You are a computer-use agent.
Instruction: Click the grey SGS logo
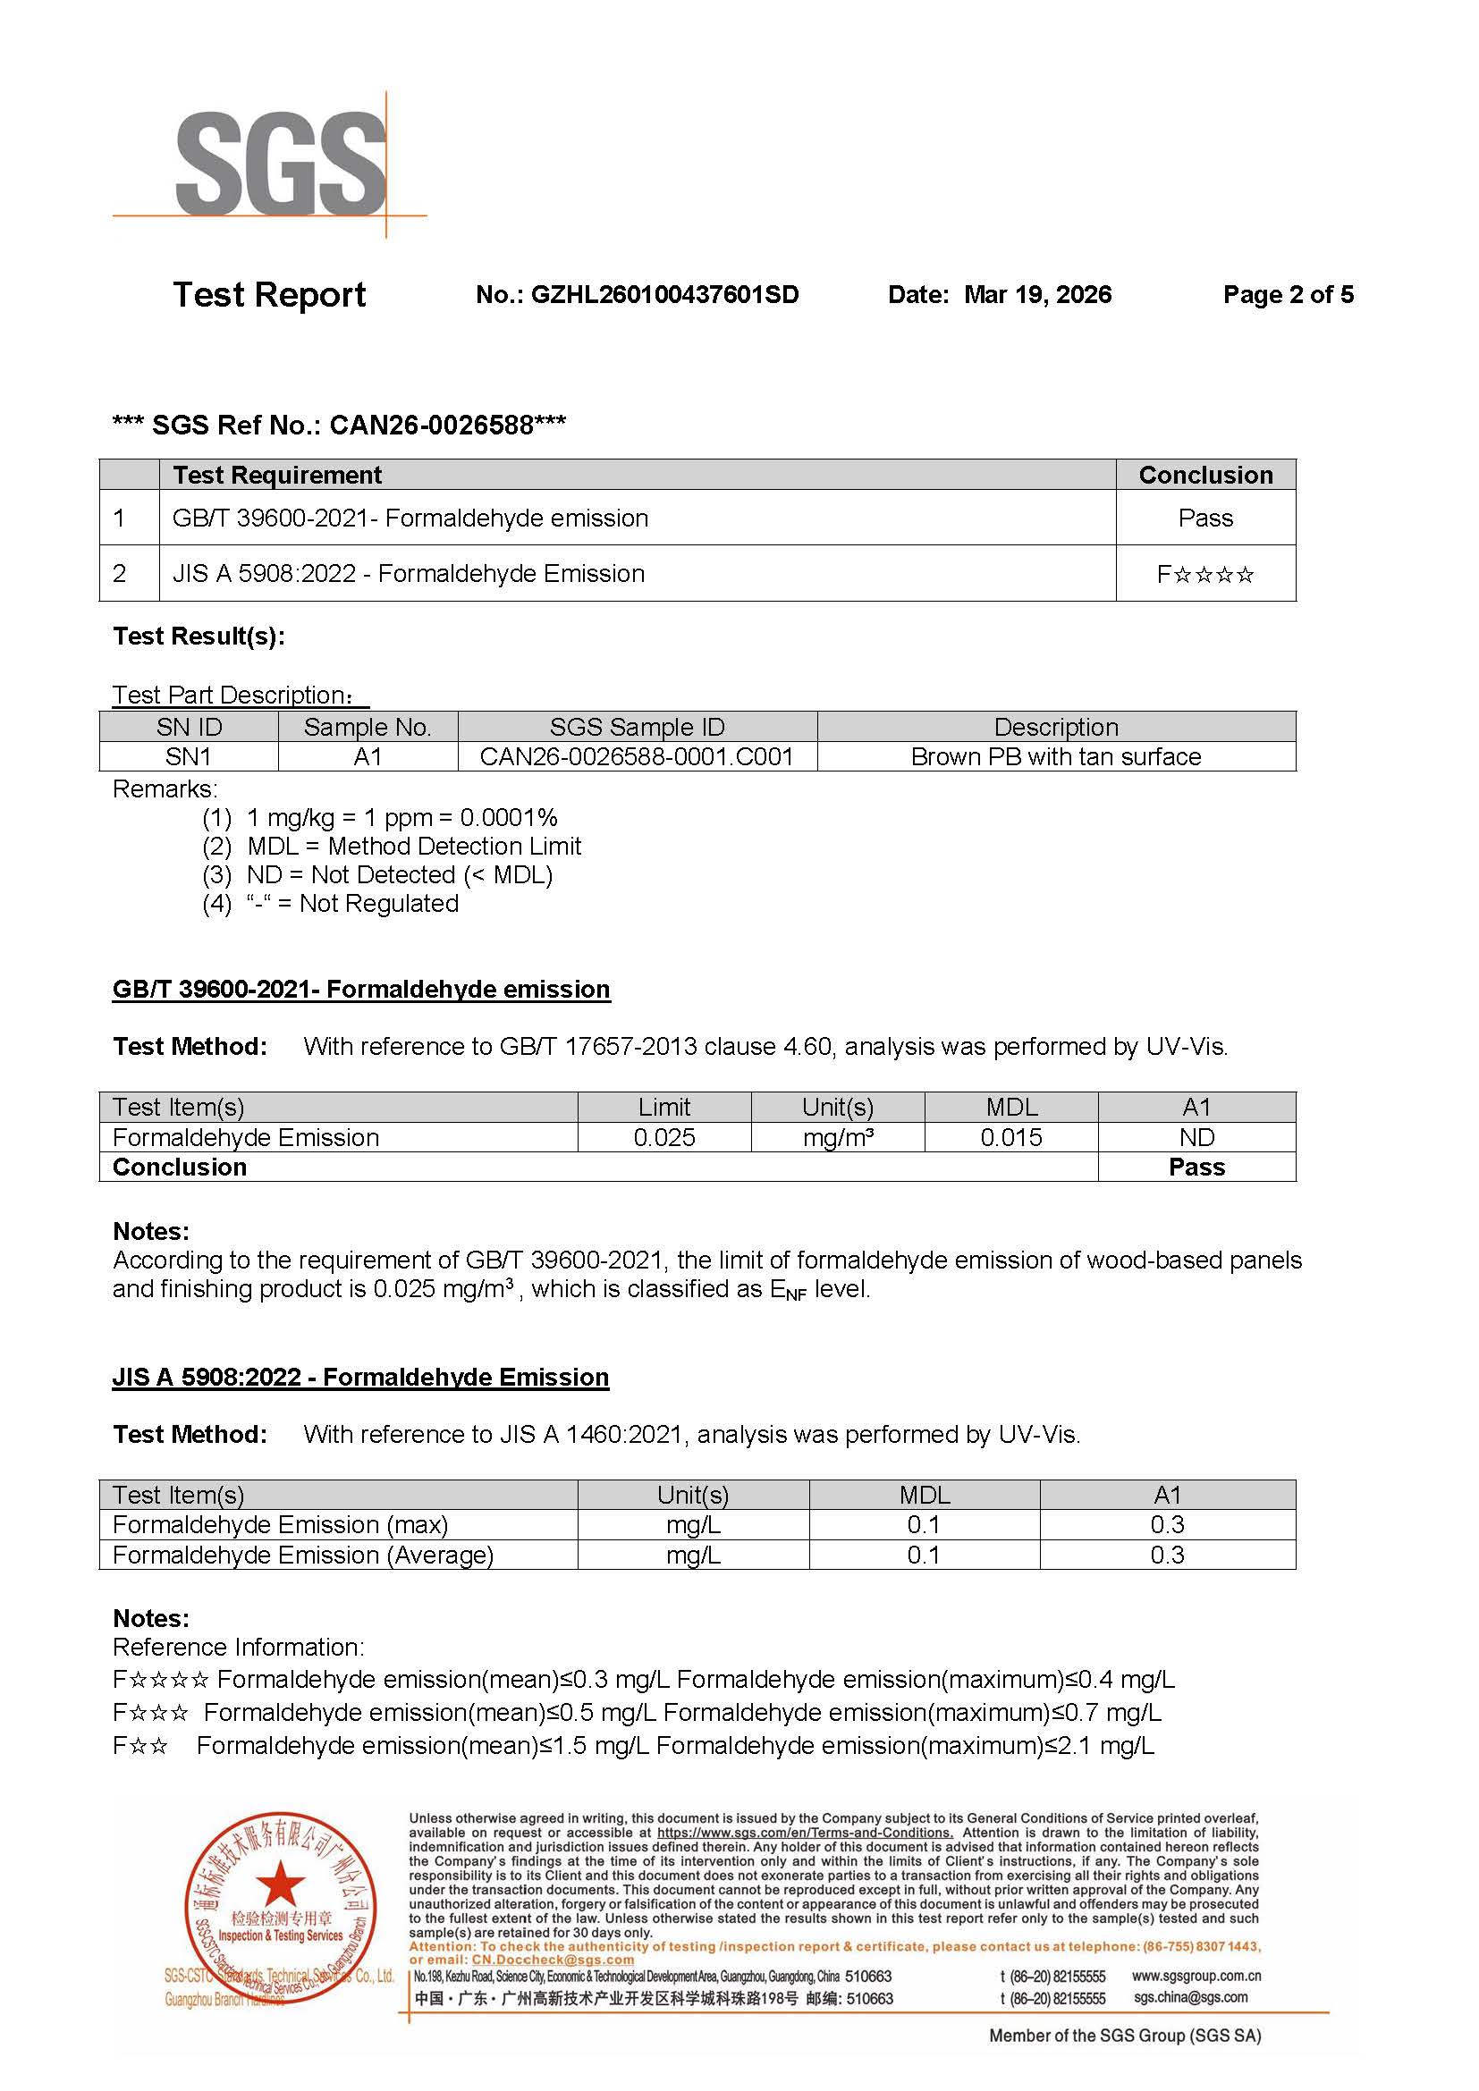click(281, 164)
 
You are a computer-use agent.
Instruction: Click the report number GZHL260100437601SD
click(663, 295)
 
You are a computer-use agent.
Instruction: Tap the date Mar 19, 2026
click(1037, 295)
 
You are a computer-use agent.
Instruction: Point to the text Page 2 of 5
click(1288, 295)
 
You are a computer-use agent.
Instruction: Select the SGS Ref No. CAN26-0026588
click(431, 426)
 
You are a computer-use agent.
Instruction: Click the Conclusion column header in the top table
click(1204, 476)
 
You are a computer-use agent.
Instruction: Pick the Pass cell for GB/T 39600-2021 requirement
click(1204, 519)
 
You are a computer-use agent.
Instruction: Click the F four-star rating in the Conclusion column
click(1204, 575)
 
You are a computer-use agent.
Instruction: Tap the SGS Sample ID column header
click(637, 728)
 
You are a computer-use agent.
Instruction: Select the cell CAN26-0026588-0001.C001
click(637, 757)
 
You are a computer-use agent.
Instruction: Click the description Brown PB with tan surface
click(1055, 757)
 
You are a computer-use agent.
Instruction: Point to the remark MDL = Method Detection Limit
click(414, 846)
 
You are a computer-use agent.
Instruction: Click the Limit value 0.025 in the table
click(663, 1137)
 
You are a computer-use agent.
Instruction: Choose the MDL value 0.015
click(1011, 1137)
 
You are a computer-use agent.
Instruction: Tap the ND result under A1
click(1196, 1137)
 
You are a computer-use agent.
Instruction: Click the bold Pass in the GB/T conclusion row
click(1196, 1168)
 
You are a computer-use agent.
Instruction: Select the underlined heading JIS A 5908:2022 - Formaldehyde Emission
click(360, 1377)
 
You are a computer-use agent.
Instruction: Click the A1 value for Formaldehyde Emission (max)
click(1167, 1524)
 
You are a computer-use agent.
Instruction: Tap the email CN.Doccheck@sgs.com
click(552, 1960)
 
